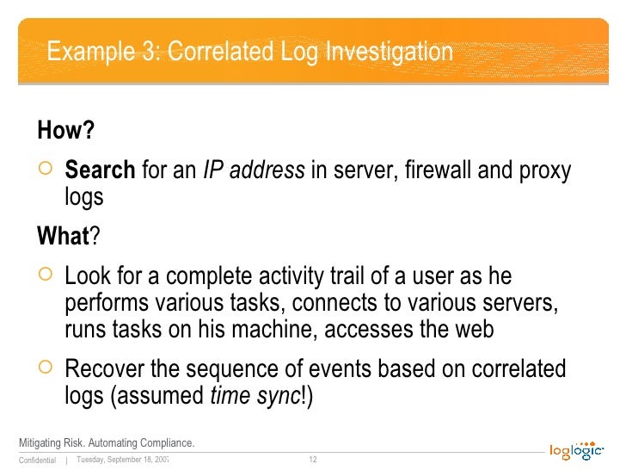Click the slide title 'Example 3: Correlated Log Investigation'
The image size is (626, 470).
249,52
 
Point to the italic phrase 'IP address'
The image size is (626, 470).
254,170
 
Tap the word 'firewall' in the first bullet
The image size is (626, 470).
434,170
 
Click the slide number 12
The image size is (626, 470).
313,460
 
